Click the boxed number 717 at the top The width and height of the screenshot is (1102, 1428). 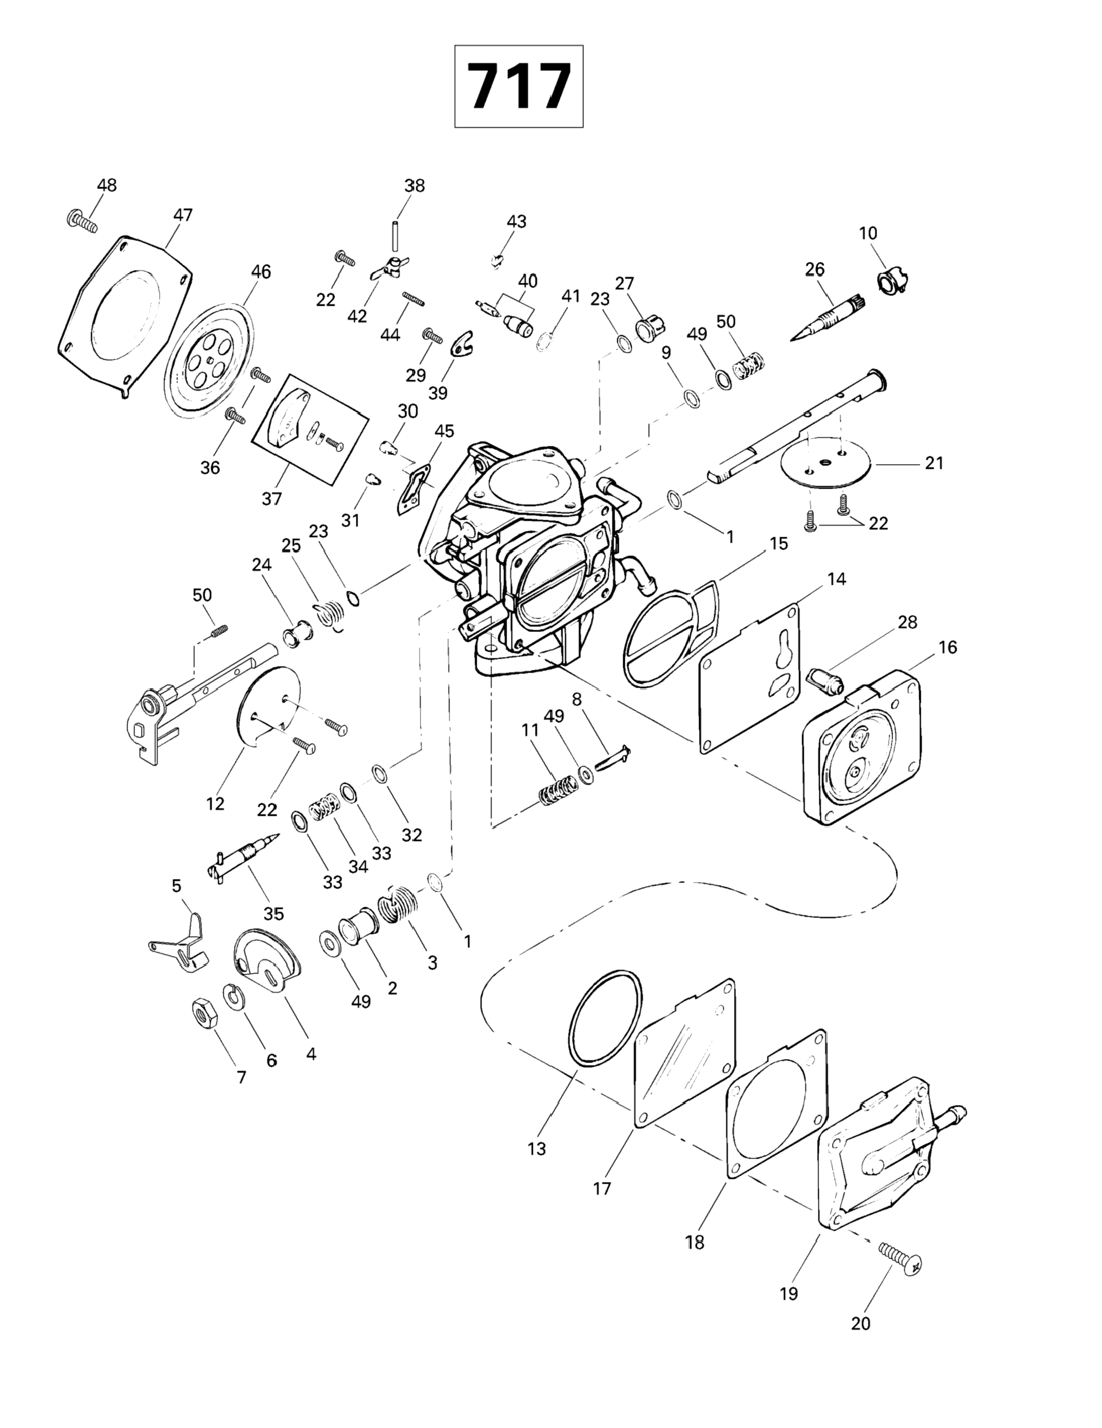(x=519, y=86)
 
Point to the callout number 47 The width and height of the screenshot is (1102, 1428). (x=183, y=215)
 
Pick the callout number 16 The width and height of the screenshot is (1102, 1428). (x=948, y=647)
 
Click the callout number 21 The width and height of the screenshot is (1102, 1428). (x=934, y=463)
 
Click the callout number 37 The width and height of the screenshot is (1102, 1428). (x=272, y=499)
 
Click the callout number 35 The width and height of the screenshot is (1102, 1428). (x=273, y=914)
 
